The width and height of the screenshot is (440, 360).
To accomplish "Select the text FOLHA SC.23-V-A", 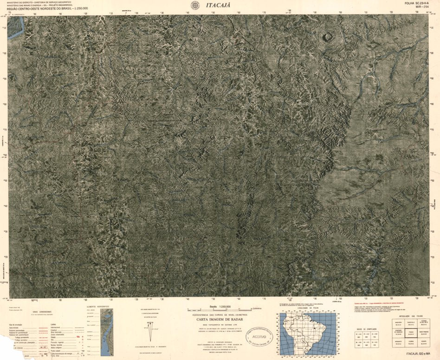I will pos(415,3).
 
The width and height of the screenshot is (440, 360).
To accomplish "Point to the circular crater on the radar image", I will pos(329,37).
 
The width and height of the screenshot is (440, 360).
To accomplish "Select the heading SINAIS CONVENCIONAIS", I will pos(42,312).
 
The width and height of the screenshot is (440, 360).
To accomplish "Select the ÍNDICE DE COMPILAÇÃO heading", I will pos(364,328).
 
